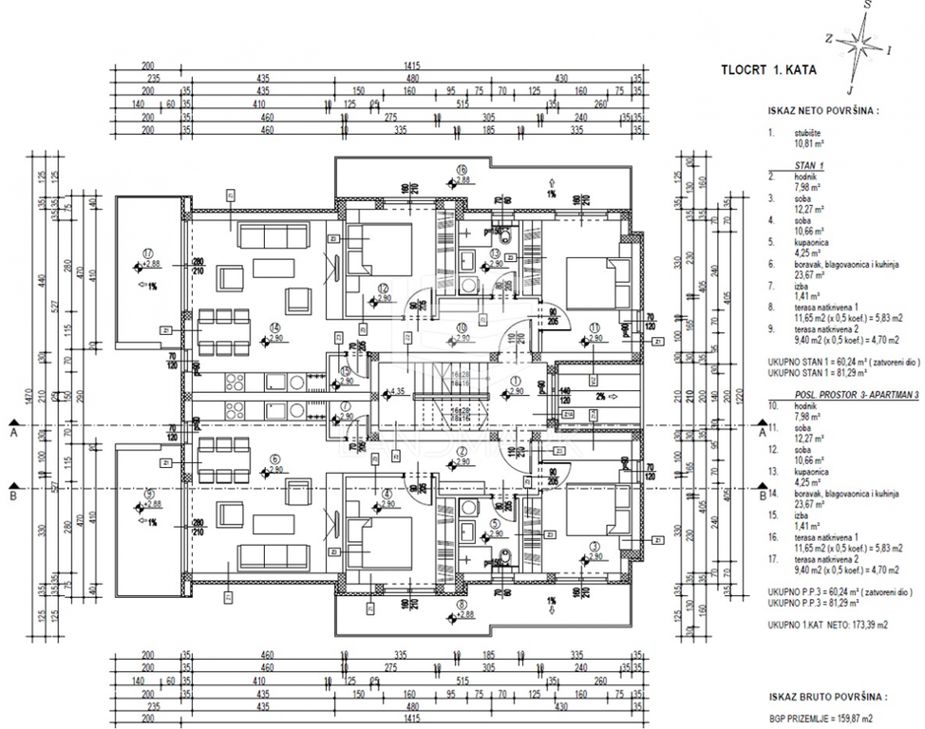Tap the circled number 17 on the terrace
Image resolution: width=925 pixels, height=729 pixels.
(148, 252)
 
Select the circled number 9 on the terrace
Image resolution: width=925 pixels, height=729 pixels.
(148, 493)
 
